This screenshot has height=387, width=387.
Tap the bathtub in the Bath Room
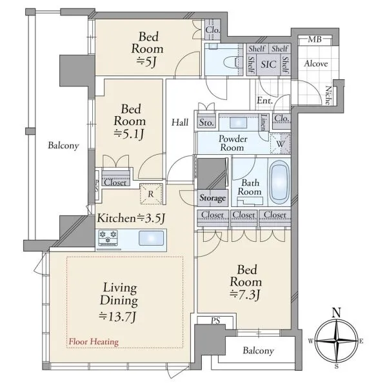[279, 182]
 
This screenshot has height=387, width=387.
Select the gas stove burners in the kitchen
[108, 237]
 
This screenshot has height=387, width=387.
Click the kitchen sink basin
[151, 238]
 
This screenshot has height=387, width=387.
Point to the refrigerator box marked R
[151, 193]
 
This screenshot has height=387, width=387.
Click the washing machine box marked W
[280, 143]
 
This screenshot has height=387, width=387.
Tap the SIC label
[268, 64]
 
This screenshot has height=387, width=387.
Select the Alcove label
[316, 64]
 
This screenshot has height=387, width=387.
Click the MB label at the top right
[315, 39]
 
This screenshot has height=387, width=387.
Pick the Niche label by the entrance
[328, 95]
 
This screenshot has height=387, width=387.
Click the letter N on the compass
[337, 313]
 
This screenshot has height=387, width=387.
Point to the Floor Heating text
[94, 342]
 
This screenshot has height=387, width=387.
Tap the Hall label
[180, 122]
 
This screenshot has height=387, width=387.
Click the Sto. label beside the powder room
[206, 123]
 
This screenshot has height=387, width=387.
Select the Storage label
[212, 198]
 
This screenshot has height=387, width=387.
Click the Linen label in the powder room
[264, 122]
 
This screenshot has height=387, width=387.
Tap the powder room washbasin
[238, 123]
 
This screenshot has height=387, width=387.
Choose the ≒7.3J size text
[245, 295]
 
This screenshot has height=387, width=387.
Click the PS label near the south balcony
[215, 321]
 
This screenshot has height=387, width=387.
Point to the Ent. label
[264, 101]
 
